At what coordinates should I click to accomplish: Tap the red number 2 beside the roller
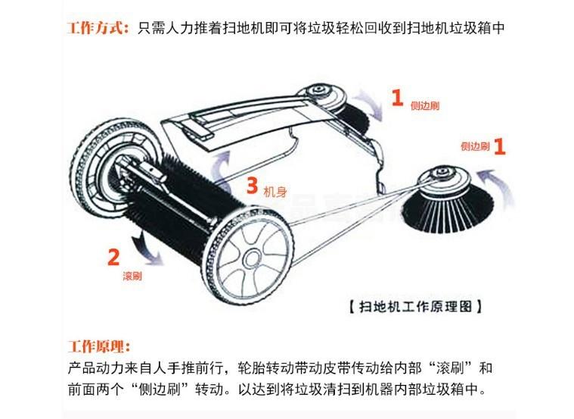pyautogui.click(x=113, y=257)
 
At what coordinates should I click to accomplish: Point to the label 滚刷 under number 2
pyautogui.click(x=132, y=277)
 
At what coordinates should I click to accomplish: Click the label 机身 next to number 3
pyautogui.click(x=274, y=193)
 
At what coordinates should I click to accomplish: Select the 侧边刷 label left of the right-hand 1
pyautogui.click(x=475, y=145)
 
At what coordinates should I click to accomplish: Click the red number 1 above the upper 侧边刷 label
pyautogui.click(x=397, y=97)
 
